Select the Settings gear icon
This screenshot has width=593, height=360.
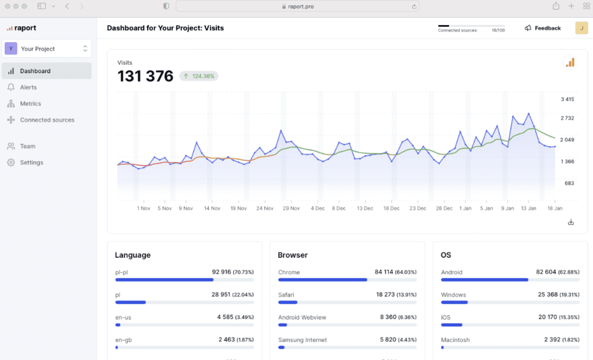coord(11,163)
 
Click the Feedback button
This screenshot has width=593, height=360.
coord(543,28)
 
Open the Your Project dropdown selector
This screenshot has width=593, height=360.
coord(47,49)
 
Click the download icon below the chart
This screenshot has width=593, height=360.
coord(571,222)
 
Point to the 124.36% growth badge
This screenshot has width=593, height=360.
coord(199,76)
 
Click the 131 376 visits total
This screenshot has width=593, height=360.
coord(145,76)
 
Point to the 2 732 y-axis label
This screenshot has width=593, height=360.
coord(567,118)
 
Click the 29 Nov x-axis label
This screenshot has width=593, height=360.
coord(291,209)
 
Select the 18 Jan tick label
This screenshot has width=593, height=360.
coord(555,209)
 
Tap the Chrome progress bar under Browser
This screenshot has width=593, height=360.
coord(347,280)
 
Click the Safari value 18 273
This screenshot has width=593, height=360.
coord(385,294)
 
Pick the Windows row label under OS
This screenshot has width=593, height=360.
coord(454,295)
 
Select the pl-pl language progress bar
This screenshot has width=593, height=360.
coord(185,280)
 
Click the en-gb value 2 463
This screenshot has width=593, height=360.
coord(226,339)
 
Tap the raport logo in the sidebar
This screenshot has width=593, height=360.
coord(21,28)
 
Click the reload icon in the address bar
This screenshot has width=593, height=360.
coord(414,7)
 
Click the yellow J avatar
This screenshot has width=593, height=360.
coord(582,28)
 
